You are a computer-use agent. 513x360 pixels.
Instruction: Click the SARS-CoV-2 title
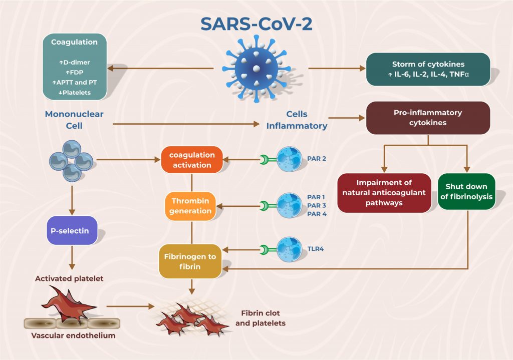pos(256,24)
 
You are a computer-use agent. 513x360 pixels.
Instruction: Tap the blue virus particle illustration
pos(256,69)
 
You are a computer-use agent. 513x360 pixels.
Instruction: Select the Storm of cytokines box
pos(428,69)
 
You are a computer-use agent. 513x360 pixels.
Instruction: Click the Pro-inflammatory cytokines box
pos(428,118)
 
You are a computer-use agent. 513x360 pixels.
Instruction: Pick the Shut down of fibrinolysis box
pos(466,192)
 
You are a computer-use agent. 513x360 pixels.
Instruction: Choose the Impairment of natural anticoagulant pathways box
pos(384,193)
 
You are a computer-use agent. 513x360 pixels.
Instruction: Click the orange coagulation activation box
pos(192,160)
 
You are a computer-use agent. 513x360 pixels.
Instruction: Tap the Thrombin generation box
pos(190,206)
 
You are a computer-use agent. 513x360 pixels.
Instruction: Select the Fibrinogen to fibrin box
pos(190,261)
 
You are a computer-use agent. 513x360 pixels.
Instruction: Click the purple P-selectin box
pos(72,230)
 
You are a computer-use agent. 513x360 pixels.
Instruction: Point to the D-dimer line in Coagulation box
pos(74,62)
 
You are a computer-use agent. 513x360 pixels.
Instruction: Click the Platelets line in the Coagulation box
pos(74,93)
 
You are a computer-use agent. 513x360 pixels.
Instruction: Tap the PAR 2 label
pos(317,159)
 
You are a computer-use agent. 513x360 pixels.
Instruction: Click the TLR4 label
pos(316,249)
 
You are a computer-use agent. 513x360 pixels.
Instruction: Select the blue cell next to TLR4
pos(289,249)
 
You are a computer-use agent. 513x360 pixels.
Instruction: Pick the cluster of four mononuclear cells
pos(71,161)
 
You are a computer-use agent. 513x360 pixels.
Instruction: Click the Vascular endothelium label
pos(73,335)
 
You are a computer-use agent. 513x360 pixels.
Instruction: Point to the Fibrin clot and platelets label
pos(261,318)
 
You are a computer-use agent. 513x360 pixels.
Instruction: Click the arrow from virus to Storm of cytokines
pos(337,68)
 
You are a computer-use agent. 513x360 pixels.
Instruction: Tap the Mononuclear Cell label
pos(74,120)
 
